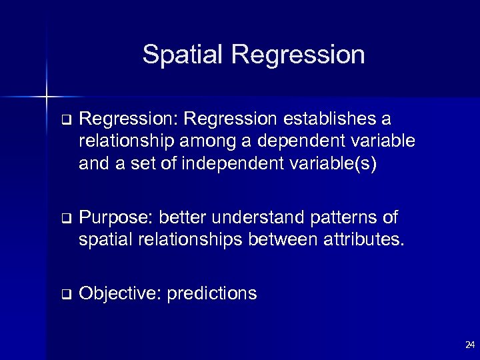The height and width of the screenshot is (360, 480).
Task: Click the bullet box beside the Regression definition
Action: (x=65, y=120)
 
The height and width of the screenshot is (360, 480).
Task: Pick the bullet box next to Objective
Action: (x=65, y=293)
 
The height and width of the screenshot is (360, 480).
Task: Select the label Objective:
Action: (x=118, y=293)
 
